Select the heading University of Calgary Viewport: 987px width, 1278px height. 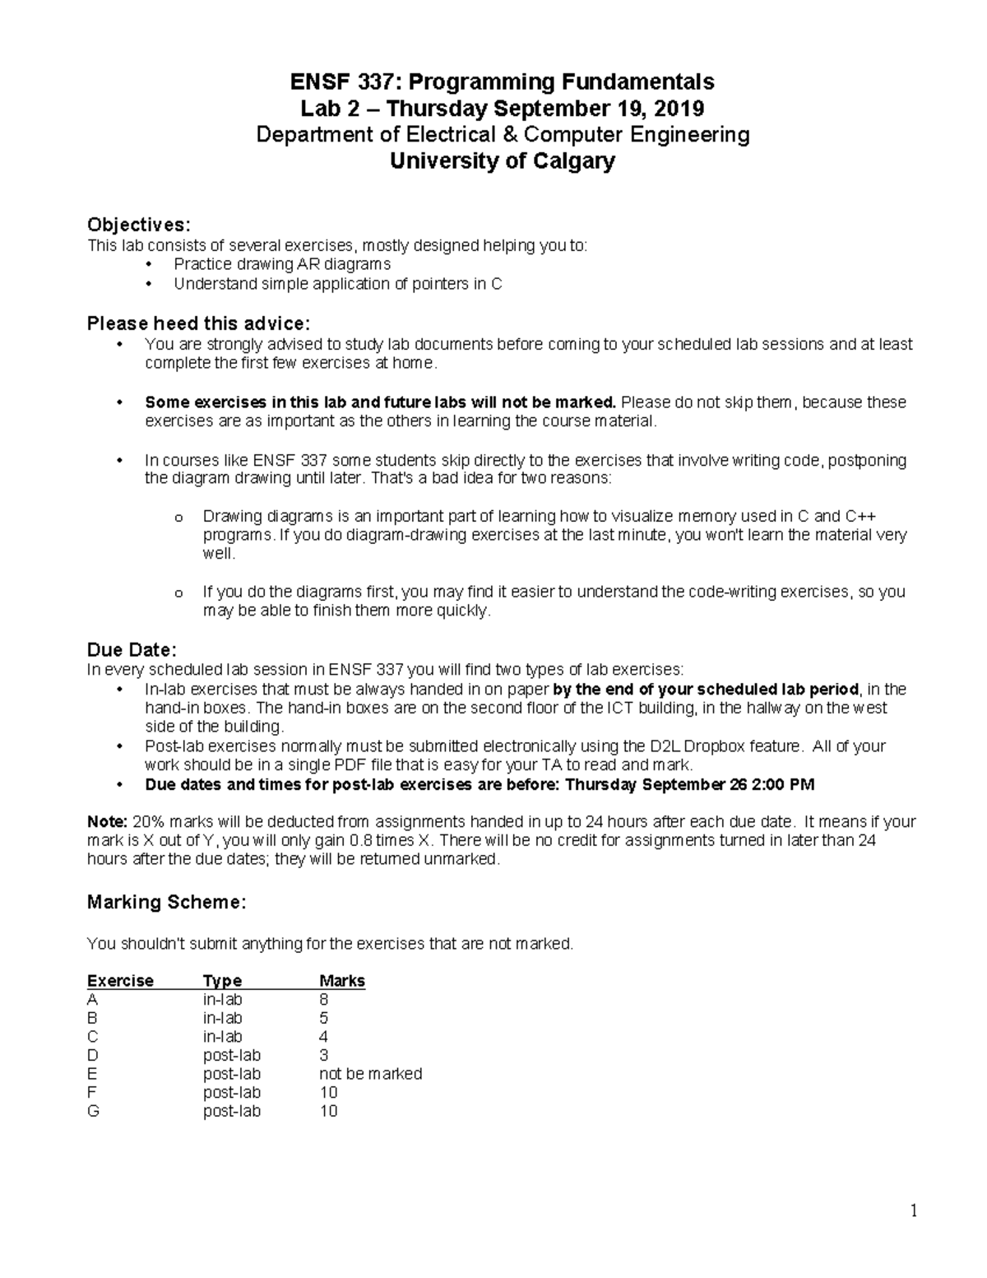pos(502,161)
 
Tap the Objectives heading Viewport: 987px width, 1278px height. pos(138,225)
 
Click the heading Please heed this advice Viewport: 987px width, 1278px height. pos(198,323)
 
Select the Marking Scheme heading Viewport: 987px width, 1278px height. pos(166,903)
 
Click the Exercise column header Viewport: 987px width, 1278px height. pos(120,981)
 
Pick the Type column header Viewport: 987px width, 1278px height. pos(222,981)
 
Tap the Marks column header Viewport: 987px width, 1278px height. pos(341,981)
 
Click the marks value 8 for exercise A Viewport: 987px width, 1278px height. pos(324,1000)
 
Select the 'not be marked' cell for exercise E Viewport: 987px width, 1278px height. pos(370,1074)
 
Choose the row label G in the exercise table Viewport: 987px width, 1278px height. pos(93,1111)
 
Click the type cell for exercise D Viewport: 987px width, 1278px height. pos(231,1055)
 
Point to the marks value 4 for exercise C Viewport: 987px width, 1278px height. pos(324,1037)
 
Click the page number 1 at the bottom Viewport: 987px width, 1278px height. pos(913,1211)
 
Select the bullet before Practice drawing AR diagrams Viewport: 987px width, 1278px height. pos(148,264)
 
